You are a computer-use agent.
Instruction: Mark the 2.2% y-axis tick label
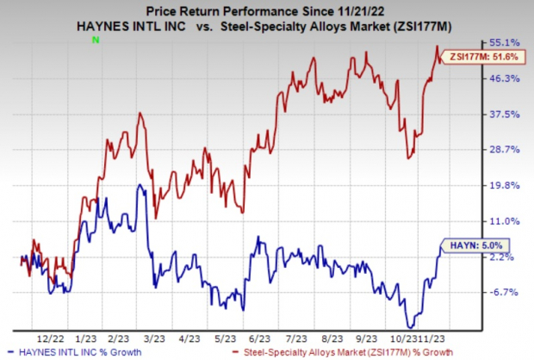(506, 257)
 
